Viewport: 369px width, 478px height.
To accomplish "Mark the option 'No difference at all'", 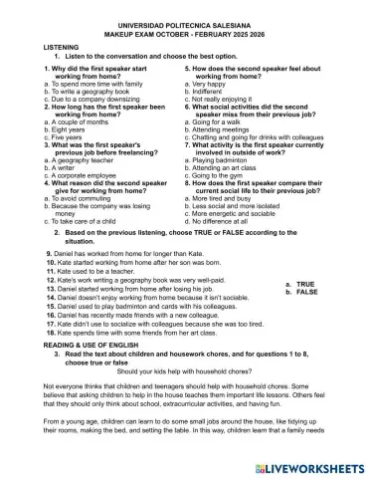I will tap(229, 219).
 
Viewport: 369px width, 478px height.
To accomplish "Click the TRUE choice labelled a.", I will tap(299, 283).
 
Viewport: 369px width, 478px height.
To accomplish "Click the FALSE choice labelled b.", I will tap(300, 292).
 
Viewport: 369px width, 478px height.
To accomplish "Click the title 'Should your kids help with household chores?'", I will tap(185, 370).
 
